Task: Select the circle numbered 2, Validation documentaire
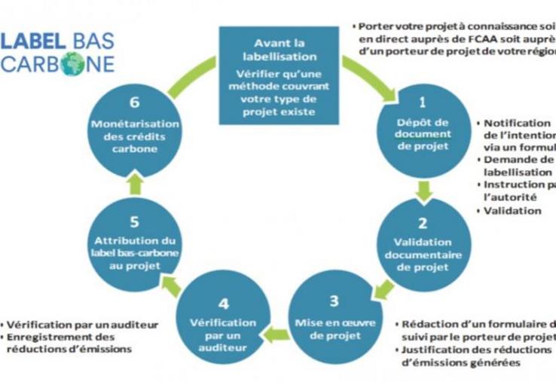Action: click(423, 243)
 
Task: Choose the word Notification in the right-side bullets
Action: click(517, 123)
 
